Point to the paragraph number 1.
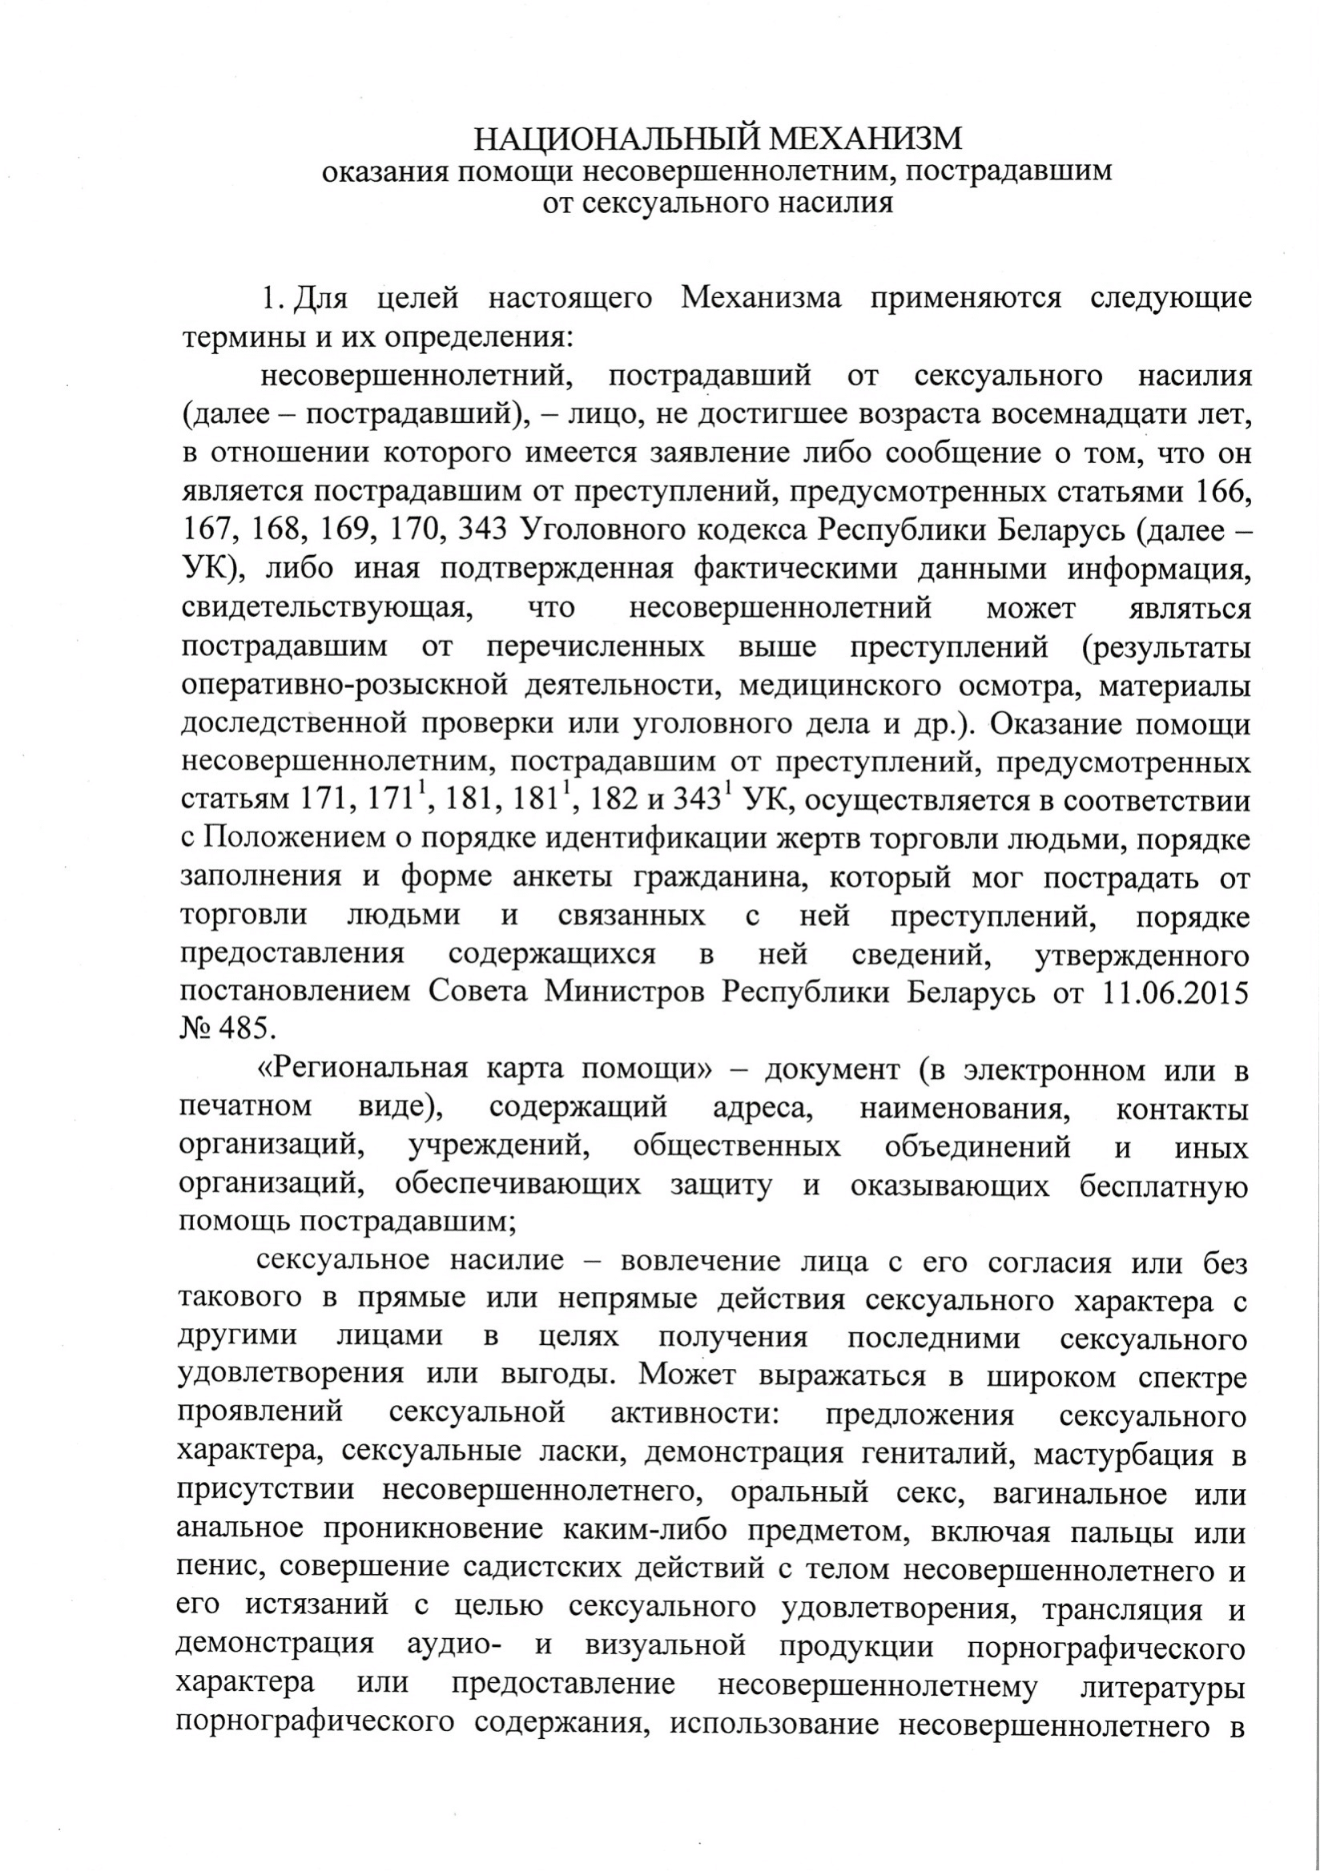point(272,299)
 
